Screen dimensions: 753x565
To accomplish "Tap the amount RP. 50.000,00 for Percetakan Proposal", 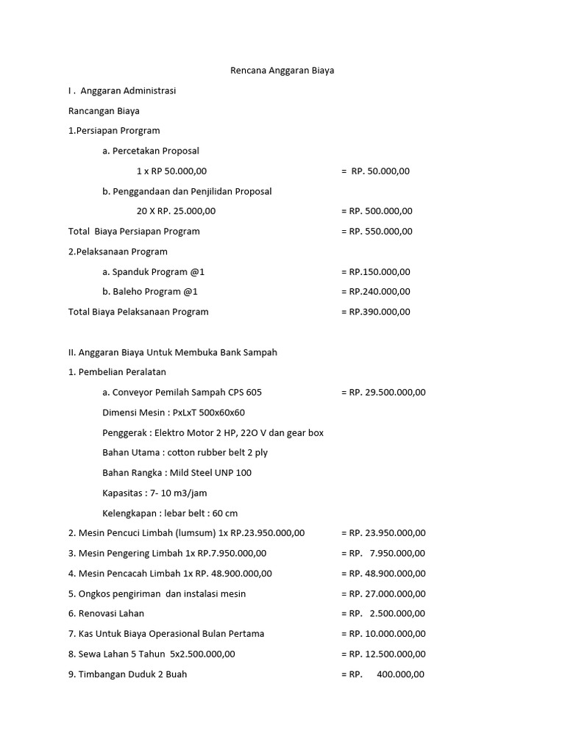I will tap(380, 171).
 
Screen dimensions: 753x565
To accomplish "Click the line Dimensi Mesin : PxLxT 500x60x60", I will tap(174, 413).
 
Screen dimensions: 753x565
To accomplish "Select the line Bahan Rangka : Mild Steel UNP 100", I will tap(177, 473).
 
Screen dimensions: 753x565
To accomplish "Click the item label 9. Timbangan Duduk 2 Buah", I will tap(127, 674).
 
